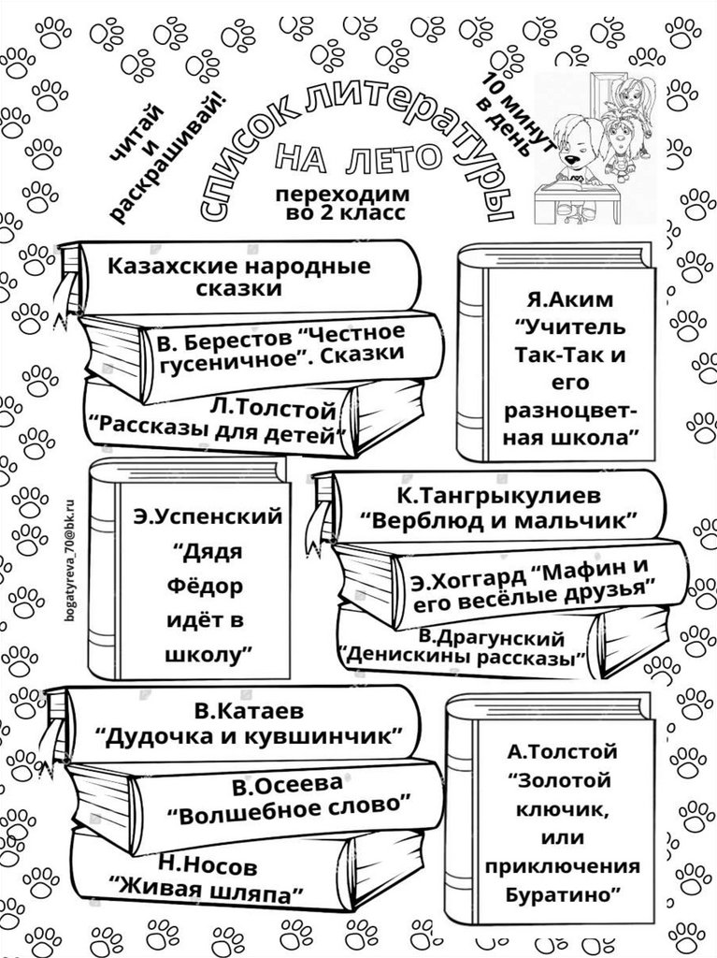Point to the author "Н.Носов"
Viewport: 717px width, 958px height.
coord(207,864)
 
